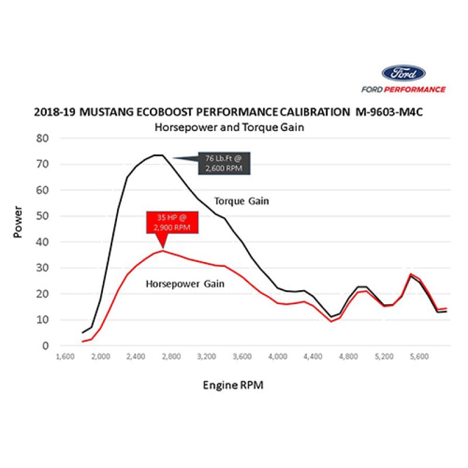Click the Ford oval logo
pos(403,74)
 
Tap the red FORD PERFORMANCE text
pos(403,90)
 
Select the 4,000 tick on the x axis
pos(278,355)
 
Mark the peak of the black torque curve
pos(158,155)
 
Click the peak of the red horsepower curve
pos(163,250)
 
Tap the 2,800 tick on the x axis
pos(172,355)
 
